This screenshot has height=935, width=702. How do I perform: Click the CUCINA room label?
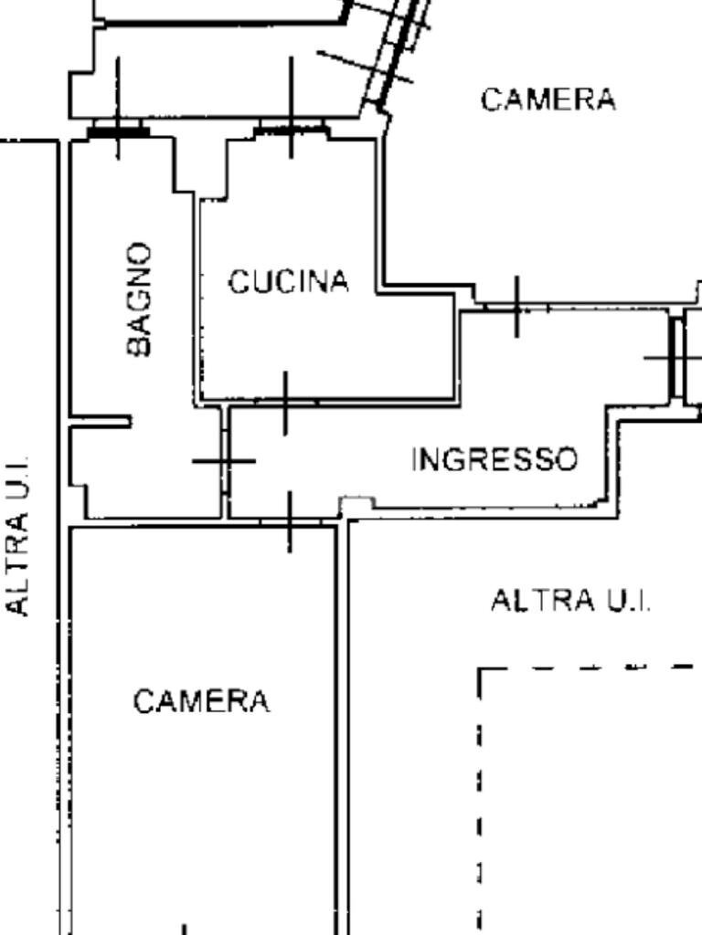(288, 282)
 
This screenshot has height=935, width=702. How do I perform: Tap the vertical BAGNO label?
(139, 299)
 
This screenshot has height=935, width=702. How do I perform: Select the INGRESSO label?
(495, 459)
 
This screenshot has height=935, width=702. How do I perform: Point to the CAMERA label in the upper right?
(548, 100)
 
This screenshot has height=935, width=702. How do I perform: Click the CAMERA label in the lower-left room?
(201, 702)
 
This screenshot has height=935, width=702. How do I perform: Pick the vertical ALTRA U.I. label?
(19, 536)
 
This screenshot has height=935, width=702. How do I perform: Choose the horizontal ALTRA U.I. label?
(571, 601)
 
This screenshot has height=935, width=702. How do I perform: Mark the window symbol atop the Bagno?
(118, 131)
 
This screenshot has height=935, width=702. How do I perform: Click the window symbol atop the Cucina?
(291, 131)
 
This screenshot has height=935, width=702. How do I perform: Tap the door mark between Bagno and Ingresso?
(224, 460)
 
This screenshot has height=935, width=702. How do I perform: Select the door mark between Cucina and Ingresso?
(286, 402)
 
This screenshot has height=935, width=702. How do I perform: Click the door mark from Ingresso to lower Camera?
(290, 521)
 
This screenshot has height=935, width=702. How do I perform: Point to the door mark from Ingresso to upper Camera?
(516, 307)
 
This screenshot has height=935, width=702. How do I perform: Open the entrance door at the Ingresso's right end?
(677, 357)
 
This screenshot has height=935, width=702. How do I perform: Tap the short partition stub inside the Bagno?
(101, 421)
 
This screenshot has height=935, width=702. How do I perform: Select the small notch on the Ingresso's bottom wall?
(356, 503)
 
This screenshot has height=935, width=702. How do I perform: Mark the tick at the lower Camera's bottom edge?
(186, 929)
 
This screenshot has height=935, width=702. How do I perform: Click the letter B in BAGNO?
(139, 346)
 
